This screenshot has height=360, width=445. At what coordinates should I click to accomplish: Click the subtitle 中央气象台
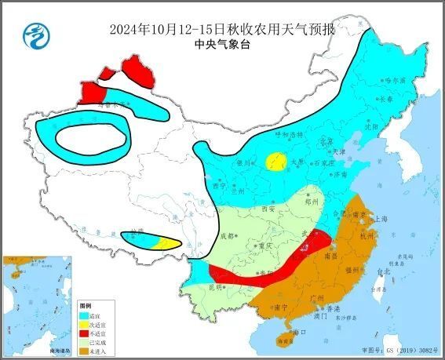[221, 45]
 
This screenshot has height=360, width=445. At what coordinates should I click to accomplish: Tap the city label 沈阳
[371, 125]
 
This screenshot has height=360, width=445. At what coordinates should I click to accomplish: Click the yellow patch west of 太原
[275, 162]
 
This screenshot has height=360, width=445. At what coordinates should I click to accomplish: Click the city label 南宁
[279, 307]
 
